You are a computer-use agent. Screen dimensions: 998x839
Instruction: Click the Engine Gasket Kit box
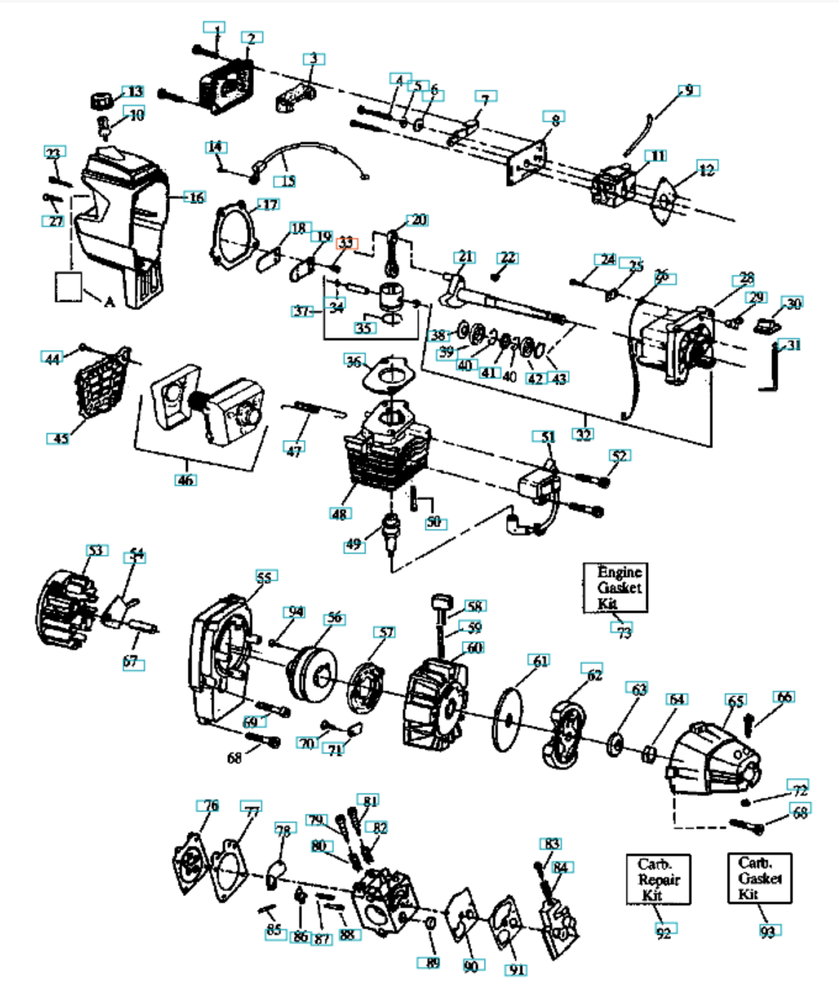coord(615,587)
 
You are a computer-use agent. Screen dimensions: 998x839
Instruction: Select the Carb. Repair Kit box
coord(658,879)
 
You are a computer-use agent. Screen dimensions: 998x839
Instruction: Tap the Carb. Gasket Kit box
coord(759,878)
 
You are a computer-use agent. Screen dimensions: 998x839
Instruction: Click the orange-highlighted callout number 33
coord(346,242)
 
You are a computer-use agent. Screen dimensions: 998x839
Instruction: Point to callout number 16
coord(196,197)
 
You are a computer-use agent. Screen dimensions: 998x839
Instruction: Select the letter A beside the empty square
coord(109,302)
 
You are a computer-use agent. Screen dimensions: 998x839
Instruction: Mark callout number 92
coord(664,933)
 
